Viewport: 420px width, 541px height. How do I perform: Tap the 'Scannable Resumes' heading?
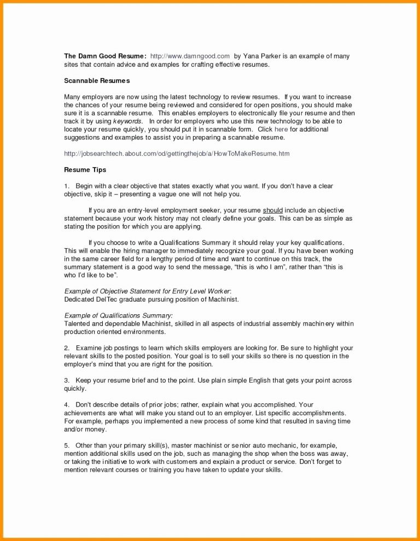tap(97, 81)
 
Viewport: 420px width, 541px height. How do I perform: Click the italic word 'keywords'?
tap(128, 121)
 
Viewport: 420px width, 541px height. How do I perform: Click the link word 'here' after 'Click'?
tap(281, 130)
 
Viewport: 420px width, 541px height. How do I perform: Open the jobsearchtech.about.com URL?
tap(177, 154)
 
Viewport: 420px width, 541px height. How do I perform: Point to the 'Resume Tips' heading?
tap(85, 170)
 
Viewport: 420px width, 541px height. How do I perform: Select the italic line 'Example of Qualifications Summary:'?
tap(119, 316)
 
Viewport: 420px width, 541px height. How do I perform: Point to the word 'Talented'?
tap(78, 324)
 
